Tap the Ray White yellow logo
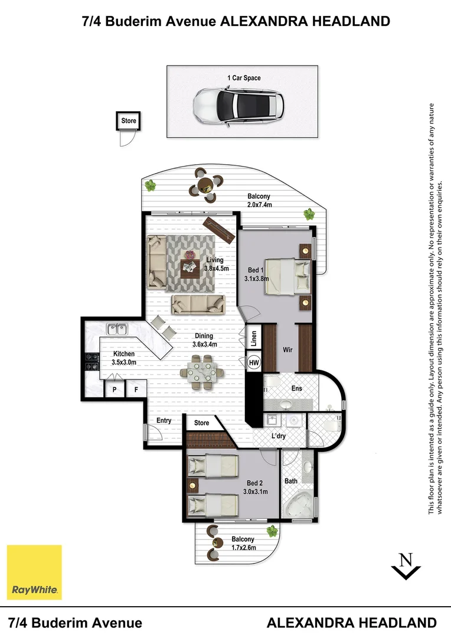click(x=34, y=572)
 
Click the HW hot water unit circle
click(x=254, y=362)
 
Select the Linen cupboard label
click(x=253, y=338)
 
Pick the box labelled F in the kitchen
click(x=136, y=390)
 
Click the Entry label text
click(x=164, y=421)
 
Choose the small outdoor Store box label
click(x=129, y=121)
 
